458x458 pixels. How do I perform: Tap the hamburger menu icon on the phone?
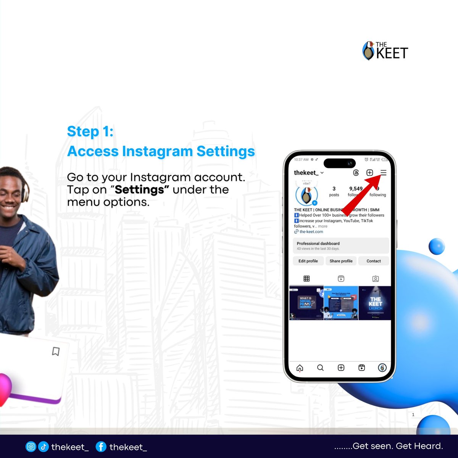click(383, 173)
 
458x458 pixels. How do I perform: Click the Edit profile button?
click(308, 261)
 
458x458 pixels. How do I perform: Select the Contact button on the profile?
click(374, 261)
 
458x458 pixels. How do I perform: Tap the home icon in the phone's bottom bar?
click(300, 368)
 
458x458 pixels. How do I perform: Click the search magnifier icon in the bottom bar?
click(321, 368)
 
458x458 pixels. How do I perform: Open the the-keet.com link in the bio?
click(311, 232)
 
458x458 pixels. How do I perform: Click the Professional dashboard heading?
click(318, 244)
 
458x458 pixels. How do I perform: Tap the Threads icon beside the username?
click(356, 173)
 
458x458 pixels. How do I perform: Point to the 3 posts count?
click(334, 191)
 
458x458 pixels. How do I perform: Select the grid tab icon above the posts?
click(306, 279)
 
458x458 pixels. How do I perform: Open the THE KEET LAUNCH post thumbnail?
click(375, 303)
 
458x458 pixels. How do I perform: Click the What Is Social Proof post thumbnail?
click(306, 303)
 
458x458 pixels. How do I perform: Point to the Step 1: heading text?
click(90, 131)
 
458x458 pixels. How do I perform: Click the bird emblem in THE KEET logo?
click(368, 51)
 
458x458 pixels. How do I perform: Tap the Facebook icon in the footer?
click(101, 447)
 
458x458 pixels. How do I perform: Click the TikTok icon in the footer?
click(43, 447)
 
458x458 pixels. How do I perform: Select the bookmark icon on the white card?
click(56, 351)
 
